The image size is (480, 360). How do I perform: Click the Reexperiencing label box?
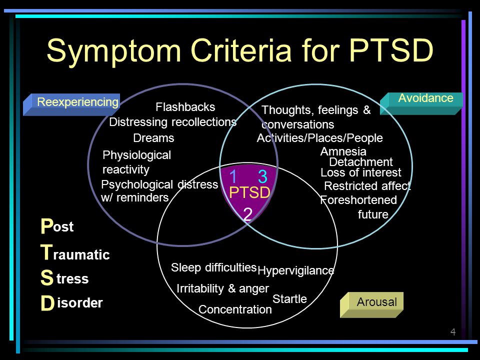tap(71, 104)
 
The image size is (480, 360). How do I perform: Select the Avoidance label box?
tap(421, 103)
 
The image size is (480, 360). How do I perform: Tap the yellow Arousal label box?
tap(371, 304)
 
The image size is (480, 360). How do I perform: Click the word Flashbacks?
tap(185, 107)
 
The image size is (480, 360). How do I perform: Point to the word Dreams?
tap(153, 138)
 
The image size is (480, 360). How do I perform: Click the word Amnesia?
tap(343, 151)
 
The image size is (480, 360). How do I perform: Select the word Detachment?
tap(361, 162)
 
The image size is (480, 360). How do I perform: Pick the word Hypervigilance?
tap(295, 270)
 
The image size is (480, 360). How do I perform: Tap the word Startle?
tap(289, 299)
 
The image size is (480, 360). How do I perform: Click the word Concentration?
tap(235, 309)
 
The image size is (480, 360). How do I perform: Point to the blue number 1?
tap(233, 176)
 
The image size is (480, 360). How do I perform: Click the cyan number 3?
tap(262, 176)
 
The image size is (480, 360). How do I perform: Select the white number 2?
tap(247, 214)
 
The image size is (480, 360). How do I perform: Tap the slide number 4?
tap(453, 332)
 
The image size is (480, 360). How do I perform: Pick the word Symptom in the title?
tap(114, 51)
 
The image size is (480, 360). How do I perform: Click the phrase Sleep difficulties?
tap(213, 267)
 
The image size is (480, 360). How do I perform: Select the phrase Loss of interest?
tap(361, 172)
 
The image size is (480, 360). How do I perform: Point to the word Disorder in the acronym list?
tap(71, 303)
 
